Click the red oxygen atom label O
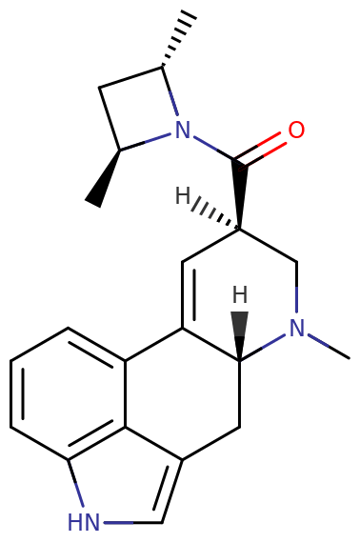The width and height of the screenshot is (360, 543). tap(296, 131)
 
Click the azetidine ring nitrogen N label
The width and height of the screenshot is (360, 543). tap(183, 130)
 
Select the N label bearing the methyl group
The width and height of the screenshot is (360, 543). tap(296, 328)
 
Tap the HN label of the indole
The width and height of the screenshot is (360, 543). tap(84, 522)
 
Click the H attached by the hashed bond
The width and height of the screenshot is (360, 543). tap(183, 196)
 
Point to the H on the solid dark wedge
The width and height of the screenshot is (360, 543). tap(240, 294)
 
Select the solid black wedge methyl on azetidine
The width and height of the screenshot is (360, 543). tap(103, 179)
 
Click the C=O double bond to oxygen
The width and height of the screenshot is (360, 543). tap(261, 150)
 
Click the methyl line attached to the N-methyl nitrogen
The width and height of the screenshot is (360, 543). tap(329, 347)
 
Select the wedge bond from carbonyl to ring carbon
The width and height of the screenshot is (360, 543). tap(240, 195)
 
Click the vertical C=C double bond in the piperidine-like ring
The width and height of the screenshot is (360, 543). tap(189, 294)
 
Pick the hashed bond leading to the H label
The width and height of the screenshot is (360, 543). tap(215, 213)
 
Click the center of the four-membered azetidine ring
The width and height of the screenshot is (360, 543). tap(138, 111)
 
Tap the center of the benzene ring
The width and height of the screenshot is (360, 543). tap(69, 394)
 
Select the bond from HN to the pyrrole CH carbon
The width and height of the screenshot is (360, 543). tap(132, 522)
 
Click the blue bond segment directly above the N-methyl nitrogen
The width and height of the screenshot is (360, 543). tap(296, 299)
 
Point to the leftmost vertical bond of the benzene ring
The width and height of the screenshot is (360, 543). tap(11, 394)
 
